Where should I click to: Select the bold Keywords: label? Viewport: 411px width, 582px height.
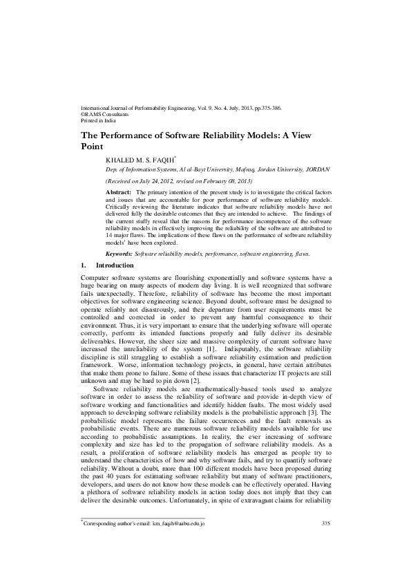(x=120, y=254)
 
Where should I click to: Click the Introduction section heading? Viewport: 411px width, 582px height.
(x=115, y=265)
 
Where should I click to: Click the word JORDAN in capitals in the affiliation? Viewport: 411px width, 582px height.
(x=316, y=169)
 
